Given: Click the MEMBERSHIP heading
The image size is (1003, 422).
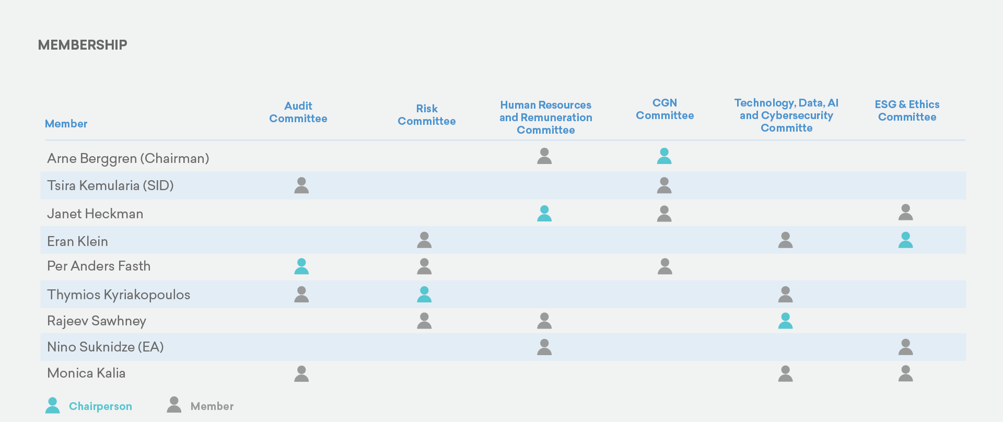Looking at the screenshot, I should coord(83,45).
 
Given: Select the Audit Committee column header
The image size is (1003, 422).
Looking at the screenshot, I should coord(298,112).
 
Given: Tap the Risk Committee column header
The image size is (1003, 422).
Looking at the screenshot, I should coord(426,115).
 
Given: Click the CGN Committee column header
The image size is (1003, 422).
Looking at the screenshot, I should coord(664,109).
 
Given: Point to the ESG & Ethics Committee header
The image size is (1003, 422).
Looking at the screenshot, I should coord(907,111).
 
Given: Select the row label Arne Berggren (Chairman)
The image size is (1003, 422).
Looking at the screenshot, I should coord(128,158).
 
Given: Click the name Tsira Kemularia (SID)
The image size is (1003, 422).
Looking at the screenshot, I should coord(110,185).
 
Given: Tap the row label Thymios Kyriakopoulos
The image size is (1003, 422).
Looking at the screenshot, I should coord(119,295).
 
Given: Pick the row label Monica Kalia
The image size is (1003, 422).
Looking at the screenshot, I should coord(86,373).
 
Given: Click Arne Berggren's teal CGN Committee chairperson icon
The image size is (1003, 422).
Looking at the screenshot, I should coord(664,156).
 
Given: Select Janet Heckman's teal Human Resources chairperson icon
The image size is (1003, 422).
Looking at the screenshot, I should coord(544,214).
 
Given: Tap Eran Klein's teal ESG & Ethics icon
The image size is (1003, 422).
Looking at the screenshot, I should coord(905,240).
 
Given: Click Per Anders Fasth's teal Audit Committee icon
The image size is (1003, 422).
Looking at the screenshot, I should coord(301,266).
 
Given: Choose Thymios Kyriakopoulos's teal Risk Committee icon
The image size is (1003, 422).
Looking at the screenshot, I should coord(424,295).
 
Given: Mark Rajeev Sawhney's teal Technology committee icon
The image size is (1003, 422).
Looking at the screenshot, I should coord(785,321).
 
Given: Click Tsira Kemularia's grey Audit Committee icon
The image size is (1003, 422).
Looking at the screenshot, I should coord(301,185).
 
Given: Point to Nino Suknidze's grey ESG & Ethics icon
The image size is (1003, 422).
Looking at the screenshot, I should coord(905,347).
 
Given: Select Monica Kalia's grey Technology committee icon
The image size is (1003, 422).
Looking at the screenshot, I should coord(785,373).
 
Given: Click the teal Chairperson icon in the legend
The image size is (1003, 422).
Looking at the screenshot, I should coord(52,405).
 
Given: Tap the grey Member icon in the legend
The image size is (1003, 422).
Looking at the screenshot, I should coord(174,405).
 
